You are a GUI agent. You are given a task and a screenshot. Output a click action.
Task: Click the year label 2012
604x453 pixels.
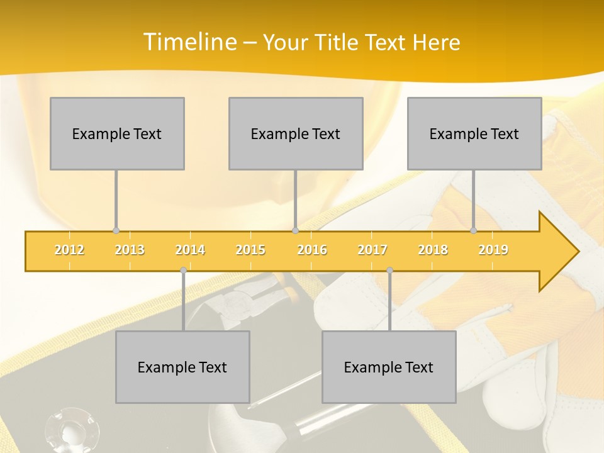click(x=69, y=250)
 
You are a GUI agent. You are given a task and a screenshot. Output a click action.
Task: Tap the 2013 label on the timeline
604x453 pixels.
click(x=130, y=250)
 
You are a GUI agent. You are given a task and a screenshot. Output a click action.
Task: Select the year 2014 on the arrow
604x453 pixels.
click(x=190, y=250)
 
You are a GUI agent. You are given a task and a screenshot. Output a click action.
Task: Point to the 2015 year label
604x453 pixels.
click(x=250, y=250)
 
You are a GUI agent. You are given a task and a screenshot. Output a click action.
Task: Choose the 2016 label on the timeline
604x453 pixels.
click(x=312, y=250)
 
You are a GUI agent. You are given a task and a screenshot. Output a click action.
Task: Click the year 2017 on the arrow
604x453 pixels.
click(x=372, y=250)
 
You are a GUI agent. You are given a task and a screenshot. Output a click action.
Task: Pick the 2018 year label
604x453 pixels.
click(x=433, y=250)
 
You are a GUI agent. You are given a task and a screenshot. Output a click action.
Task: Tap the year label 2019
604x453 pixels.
click(x=493, y=250)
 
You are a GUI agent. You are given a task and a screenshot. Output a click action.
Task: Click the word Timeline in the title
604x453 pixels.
click(x=189, y=42)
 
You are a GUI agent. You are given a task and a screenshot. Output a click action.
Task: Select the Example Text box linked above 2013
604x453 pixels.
click(x=117, y=133)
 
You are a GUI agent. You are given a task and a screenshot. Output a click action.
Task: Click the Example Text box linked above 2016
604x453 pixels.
click(x=296, y=133)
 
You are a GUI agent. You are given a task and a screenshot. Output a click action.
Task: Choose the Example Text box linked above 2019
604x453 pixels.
click(x=474, y=133)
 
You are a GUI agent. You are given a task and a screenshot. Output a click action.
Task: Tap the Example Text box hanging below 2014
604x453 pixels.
click(x=182, y=367)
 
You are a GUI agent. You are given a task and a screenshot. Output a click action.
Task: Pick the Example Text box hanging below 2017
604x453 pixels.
click(x=389, y=367)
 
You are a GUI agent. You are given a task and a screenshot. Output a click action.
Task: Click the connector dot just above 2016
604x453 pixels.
click(x=296, y=231)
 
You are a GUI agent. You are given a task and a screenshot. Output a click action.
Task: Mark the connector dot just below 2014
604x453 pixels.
click(x=183, y=271)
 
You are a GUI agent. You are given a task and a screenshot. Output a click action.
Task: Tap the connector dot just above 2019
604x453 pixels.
click(x=474, y=231)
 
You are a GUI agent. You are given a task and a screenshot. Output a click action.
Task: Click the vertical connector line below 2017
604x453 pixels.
click(x=389, y=302)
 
